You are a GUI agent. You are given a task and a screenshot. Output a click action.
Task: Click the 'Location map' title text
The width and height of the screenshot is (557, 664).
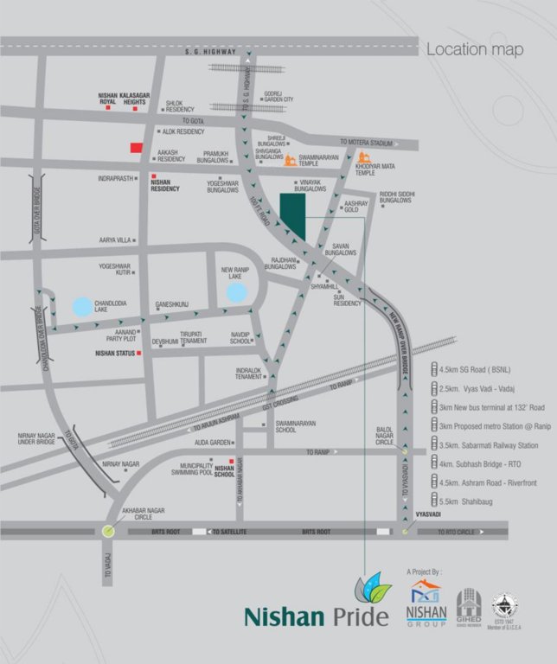click(x=474, y=50)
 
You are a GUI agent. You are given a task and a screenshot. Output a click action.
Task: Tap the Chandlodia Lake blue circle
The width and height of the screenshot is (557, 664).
click(x=81, y=306)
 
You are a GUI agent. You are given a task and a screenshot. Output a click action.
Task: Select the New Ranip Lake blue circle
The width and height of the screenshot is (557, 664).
click(x=236, y=292)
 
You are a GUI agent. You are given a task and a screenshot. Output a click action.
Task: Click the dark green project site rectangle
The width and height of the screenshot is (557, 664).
click(x=292, y=213)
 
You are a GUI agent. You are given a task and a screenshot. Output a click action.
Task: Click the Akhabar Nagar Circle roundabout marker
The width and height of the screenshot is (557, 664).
click(x=107, y=531)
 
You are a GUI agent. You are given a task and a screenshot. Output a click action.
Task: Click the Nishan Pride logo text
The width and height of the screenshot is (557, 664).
click(x=296, y=616)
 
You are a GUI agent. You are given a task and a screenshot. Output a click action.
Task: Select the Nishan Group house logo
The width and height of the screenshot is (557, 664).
click(x=426, y=594)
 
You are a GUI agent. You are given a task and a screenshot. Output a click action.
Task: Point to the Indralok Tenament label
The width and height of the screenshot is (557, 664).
click(x=248, y=373)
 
